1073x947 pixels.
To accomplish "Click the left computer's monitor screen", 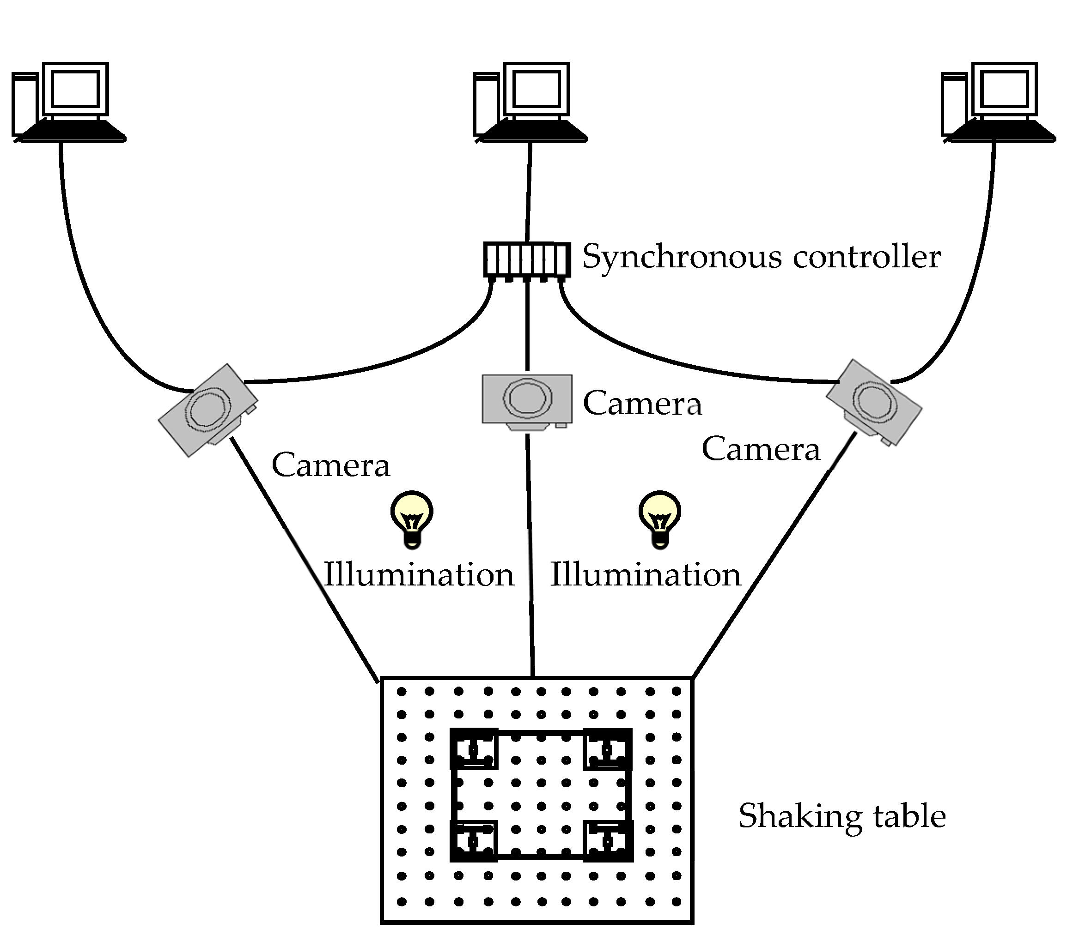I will coord(76,89).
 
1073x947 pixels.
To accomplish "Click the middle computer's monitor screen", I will coord(536,89).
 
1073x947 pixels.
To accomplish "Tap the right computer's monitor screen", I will coord(1005,89).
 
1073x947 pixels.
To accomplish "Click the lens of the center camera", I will coord(528,398).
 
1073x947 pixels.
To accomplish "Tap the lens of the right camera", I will coord(874,402).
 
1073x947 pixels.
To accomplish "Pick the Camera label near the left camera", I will coord(331,466).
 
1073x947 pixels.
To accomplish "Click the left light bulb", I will coord(412,517).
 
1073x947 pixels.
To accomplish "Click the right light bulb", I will coord(660,517).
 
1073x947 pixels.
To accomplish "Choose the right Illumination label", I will coord(645,575).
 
